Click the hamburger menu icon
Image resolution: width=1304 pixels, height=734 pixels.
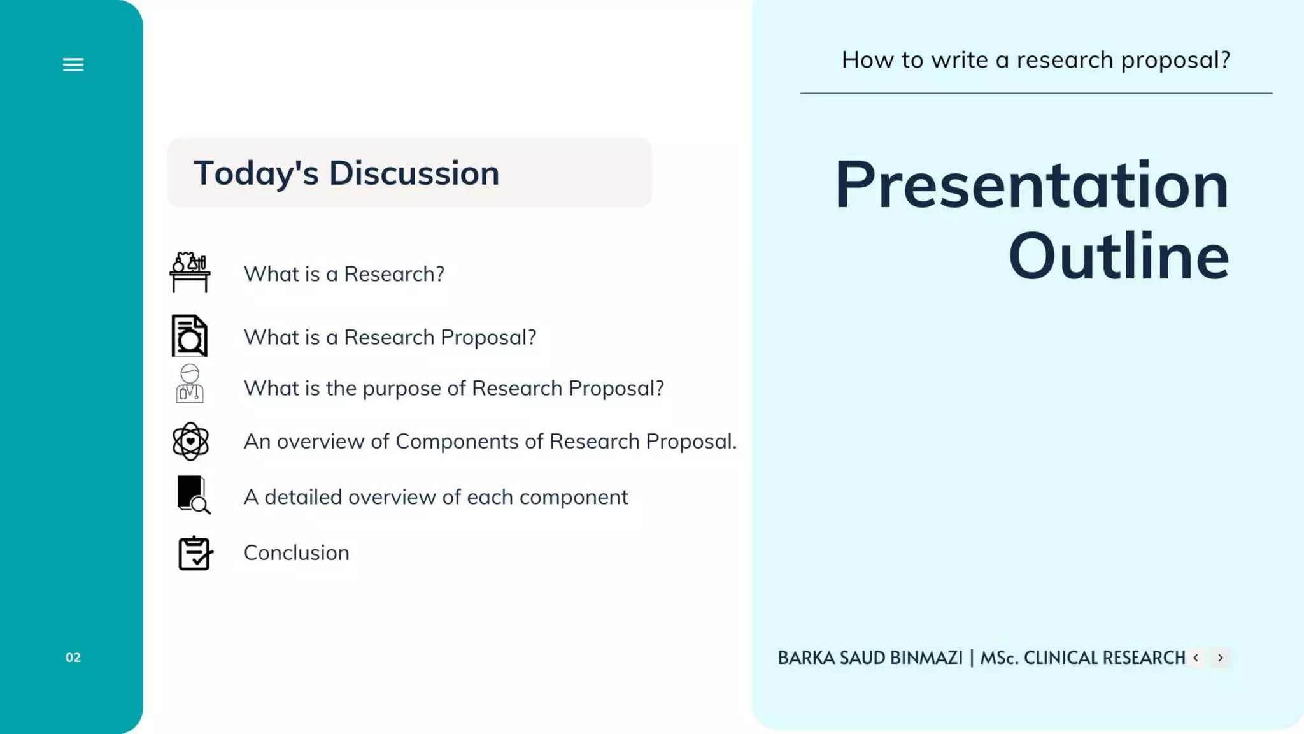click(x=73, y=64)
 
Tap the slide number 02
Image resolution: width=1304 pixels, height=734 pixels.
click(x=73, y=658)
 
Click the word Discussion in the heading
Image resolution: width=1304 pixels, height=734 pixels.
click(x=414, y=173)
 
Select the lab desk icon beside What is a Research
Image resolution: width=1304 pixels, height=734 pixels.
click(x=190, y=272)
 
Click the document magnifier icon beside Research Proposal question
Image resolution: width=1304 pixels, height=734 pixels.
click(x=190, y=336)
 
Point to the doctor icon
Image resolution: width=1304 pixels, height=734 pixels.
click(x=190, y=384)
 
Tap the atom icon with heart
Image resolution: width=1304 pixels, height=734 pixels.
click(x=190, y=441)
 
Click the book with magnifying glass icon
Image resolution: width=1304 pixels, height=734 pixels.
click(x=193, y=495)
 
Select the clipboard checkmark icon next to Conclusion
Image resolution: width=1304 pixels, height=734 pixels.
click(x=195, y=552)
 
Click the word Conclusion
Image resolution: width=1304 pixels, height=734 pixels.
click(x=296, y=553)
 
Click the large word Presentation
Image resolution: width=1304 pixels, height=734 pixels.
click(x=1031, y=185)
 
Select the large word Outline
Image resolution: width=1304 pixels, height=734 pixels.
click(x=1118, y=257)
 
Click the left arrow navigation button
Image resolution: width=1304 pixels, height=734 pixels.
click(x=1196, y=658)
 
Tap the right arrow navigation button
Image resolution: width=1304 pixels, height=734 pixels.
click(x=1221, y=658)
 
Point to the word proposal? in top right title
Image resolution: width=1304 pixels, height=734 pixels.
click(x=1175, y=61)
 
